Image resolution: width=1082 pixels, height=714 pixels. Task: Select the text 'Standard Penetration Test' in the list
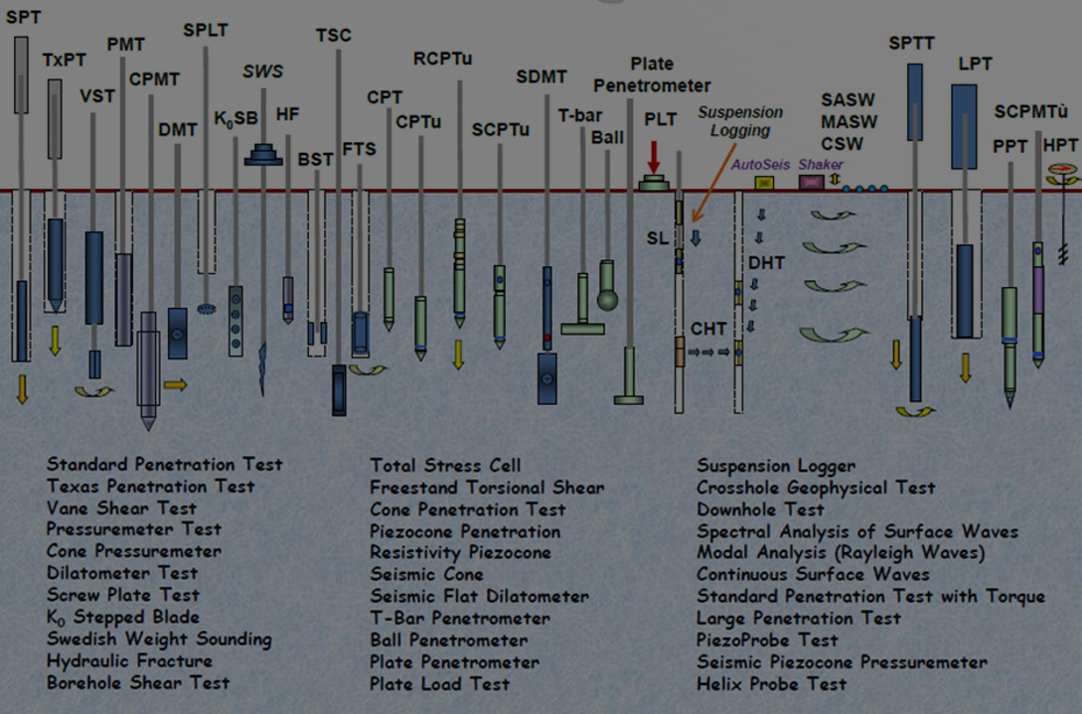(165, 465)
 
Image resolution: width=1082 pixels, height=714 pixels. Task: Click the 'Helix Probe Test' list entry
(772, 683)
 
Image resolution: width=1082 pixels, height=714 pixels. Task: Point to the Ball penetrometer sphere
(606, 299)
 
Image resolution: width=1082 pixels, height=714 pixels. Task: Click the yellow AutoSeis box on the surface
(764, 183)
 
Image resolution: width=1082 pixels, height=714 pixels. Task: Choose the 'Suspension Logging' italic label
(739, 121)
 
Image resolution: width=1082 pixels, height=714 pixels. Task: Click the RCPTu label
(442, 59)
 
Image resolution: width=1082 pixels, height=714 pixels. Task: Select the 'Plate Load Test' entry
(439, 683)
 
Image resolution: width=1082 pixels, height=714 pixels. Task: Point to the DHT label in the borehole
(767, 262)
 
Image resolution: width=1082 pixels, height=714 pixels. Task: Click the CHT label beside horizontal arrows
(708, 329)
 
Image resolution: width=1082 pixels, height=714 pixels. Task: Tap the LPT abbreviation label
(975, 65)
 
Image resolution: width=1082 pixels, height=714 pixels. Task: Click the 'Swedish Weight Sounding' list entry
(159, 640)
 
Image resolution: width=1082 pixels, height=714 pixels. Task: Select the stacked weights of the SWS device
(264, 154)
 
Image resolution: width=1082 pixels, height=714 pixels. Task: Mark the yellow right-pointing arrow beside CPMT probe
(175, 384)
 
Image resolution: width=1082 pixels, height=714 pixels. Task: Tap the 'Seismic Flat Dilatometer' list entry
(479, 597)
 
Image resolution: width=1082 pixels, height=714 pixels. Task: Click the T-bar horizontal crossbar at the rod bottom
(582, 328)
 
